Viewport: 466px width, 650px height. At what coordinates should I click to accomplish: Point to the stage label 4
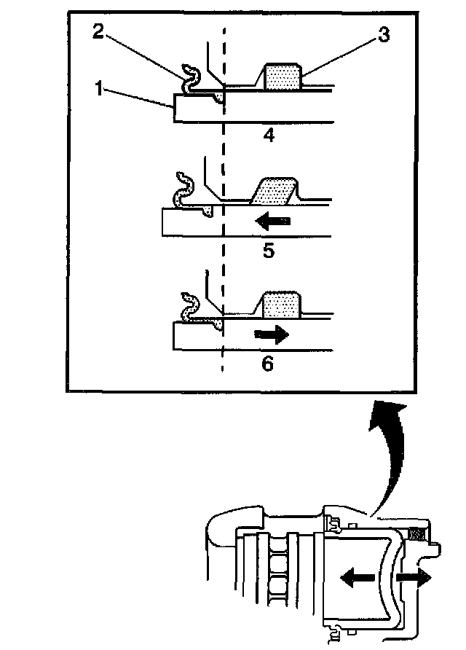[x=269, y=135]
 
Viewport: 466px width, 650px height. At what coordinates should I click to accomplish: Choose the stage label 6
[x=267, y=362]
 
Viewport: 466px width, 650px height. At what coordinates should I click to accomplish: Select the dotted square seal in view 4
[x=283, y=76]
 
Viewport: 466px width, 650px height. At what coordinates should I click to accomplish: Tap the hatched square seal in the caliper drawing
[x=417, y=534]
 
